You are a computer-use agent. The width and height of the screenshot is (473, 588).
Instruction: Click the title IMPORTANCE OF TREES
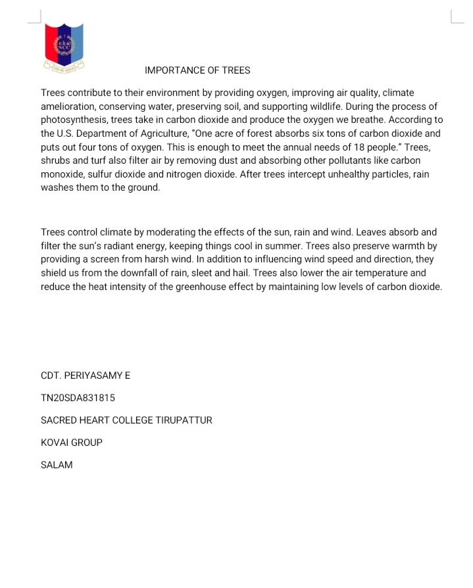[197, 70]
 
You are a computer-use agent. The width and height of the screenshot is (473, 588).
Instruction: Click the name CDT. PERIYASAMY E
[86, 376]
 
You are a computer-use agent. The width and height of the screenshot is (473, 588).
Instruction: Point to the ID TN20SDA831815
[78, 398]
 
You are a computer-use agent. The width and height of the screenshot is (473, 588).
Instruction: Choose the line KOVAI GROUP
[72, 443]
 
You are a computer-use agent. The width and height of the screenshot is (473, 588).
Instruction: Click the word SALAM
[57, 465]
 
